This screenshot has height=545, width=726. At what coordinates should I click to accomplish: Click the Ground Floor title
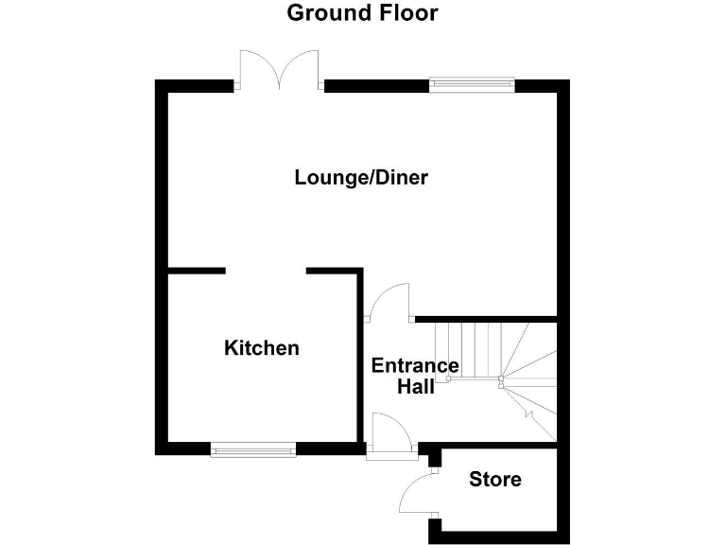[x=362, y=13]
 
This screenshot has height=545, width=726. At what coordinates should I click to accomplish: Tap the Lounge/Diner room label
[x=361, y=177]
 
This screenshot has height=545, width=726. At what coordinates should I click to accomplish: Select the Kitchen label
[x=261, y=348]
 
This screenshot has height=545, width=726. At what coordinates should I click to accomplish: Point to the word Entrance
[x=415, y=366]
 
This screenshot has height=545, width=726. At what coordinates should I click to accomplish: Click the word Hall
[x=415, y=386]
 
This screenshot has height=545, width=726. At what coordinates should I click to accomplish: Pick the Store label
[x=495, y=480]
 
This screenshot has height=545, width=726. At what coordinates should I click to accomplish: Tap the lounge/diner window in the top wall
[x=472, y=85]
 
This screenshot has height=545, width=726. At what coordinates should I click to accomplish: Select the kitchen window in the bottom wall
[x=252, y=450]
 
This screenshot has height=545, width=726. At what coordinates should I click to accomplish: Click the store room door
[x=420, y=494]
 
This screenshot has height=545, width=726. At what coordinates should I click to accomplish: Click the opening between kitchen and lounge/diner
[x=266, y=272]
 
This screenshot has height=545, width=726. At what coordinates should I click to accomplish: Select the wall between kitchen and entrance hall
[x=360, y=360]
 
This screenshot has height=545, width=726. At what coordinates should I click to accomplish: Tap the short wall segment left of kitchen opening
[x=197, y=272]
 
